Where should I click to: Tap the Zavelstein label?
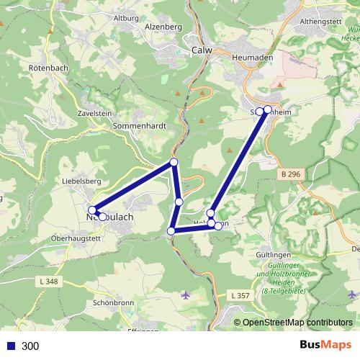tap(96, 114)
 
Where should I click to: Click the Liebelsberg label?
tap(81, 181)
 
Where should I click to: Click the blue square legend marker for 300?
tap(11, 346)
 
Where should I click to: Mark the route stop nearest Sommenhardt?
tap(174, 163)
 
